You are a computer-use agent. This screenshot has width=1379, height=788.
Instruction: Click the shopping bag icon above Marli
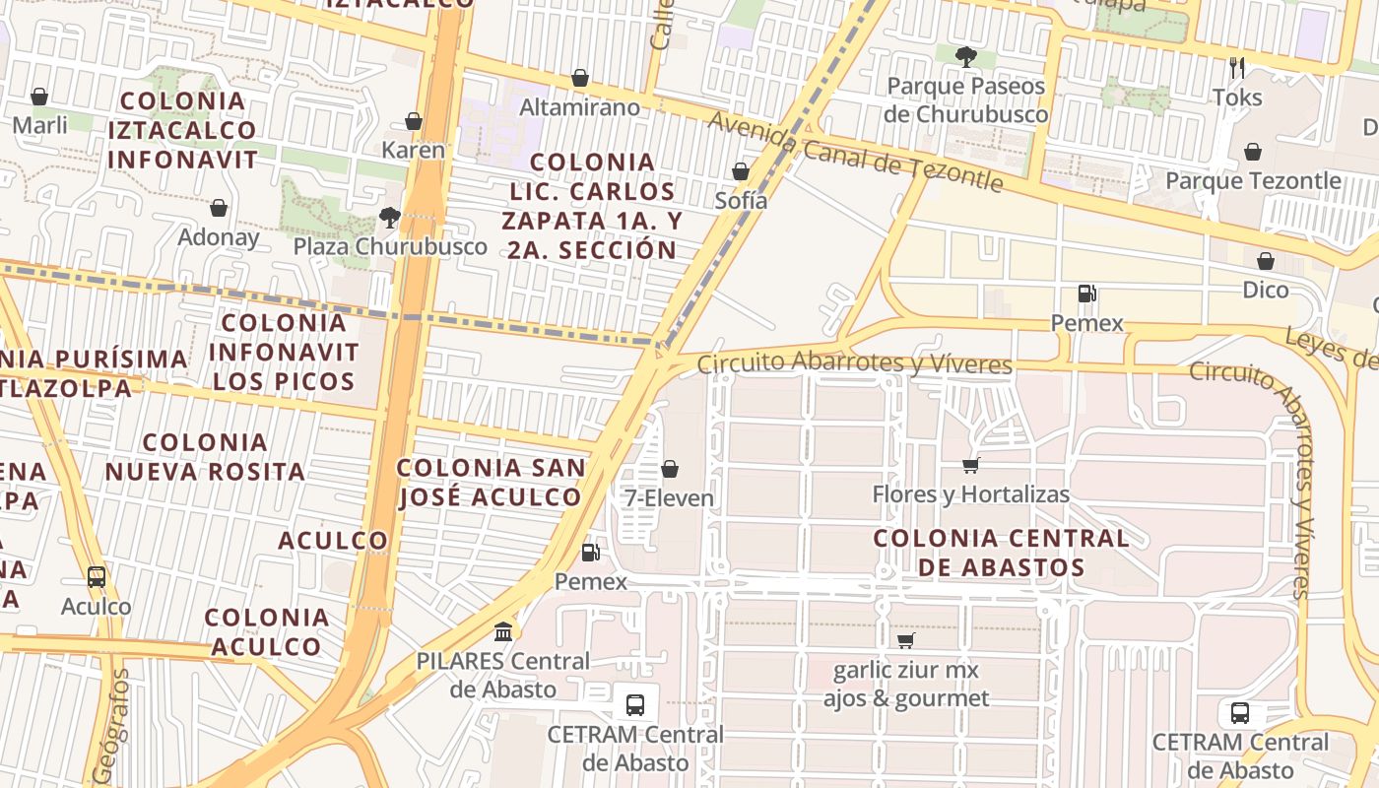(39, 97)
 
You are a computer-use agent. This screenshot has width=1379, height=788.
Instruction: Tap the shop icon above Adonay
(219, 208)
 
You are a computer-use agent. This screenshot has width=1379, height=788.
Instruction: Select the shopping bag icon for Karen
(414, 121)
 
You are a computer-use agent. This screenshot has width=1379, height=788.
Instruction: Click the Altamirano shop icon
(580, 78)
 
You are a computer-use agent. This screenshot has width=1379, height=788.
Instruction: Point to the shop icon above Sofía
(741, 171)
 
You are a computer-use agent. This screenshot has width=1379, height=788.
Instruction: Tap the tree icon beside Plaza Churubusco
(390, 218)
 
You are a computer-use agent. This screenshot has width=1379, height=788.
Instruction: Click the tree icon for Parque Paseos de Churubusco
(965, 57)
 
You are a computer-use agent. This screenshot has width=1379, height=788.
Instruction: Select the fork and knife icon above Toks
(1237, 68)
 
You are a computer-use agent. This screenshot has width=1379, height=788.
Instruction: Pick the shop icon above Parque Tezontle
(1253, 152)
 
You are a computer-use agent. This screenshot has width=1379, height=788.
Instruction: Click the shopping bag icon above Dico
(1266, 261)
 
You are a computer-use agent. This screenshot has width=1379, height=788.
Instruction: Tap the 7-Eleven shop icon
(670, 469)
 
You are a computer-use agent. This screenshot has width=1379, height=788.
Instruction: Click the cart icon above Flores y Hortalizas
(971, 465)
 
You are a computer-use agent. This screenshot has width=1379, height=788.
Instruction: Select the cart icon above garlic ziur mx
(906, 641)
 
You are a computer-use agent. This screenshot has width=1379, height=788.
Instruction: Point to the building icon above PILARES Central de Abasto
(503, 630)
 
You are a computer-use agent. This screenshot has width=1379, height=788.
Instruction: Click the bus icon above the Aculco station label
(97, 577)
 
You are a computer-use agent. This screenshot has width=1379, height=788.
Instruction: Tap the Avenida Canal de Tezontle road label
(855, 153)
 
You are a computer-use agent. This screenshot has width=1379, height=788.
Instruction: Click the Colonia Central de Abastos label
(1002, 553)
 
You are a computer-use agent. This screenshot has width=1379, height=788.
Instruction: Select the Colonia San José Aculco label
(491, 482)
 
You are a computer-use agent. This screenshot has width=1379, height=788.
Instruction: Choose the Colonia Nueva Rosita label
(205, 457)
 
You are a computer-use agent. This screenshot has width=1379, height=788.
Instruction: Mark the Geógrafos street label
(109, 727)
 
